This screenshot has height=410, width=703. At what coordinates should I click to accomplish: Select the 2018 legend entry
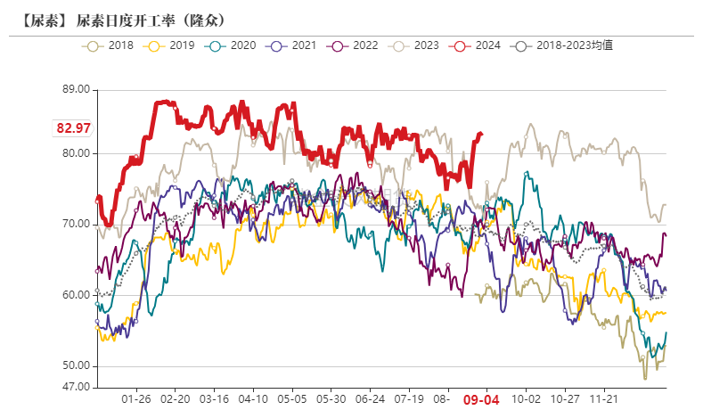tap(110, 45)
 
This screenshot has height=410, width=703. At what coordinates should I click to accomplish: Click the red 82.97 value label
tap(74, 128)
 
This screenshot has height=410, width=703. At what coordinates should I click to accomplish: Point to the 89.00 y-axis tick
tap(77, 89)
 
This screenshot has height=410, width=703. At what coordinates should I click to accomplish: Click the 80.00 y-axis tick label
tap(77, 152)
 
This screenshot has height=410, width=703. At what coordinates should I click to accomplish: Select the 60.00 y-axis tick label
tap(77, 295)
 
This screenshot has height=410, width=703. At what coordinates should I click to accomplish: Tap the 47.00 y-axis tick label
tap(77, 387)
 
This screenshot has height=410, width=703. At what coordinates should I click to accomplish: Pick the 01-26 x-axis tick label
tap(135, 401)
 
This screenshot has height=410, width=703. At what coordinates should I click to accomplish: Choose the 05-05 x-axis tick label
tap(292, 401)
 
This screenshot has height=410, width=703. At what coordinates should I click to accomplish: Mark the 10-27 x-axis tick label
tap(565, 401)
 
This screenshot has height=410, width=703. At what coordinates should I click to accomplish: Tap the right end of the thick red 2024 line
tap(481, 135)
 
